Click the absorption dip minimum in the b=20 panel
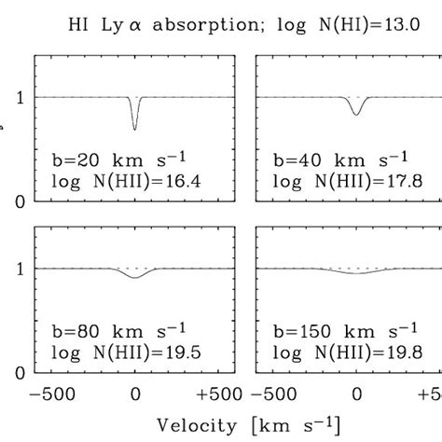coord(136,128)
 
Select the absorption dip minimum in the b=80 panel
coord(136,278)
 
